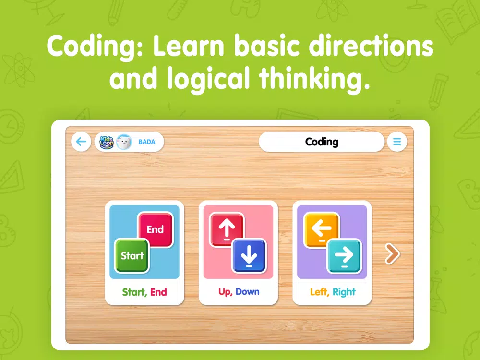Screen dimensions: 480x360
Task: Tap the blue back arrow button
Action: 81,142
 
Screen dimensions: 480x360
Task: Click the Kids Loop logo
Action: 107,142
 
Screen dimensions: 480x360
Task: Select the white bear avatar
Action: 124,142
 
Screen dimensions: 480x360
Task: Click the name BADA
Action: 147,142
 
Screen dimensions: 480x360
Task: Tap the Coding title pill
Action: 322,142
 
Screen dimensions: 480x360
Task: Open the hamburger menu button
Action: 397,142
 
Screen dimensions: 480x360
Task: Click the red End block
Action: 156,229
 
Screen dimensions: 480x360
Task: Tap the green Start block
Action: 132,256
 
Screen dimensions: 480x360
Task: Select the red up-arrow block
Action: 227,229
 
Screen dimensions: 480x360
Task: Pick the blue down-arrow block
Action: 249,256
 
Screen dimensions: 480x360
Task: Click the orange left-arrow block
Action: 322,229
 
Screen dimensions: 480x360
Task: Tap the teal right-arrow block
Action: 344,256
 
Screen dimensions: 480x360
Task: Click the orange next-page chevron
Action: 392,253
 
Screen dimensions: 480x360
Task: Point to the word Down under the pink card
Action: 247,292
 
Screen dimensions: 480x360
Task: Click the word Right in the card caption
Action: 344,292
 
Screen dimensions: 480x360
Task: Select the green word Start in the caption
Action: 133,292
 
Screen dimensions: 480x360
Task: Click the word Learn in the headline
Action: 189,46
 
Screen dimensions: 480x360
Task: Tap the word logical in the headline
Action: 209,79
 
